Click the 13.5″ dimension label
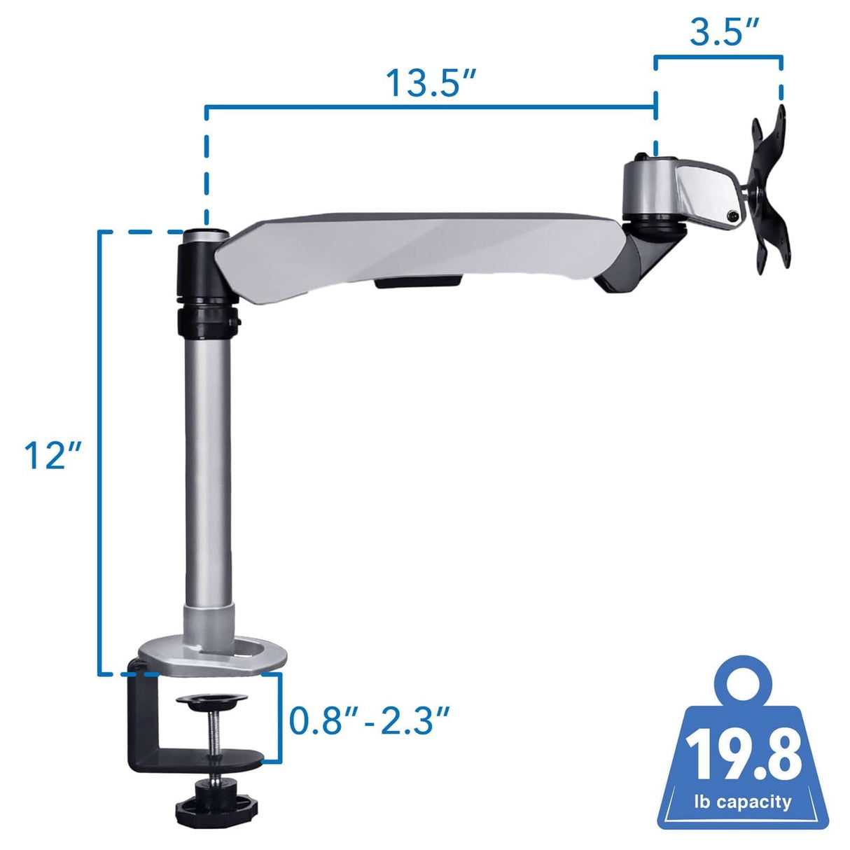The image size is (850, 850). pos(431,83)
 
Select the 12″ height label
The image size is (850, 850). pos(53,455)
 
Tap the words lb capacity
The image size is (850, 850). pos(743,802)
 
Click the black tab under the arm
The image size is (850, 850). pos(417,282)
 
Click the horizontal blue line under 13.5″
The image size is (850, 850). pos(430,107)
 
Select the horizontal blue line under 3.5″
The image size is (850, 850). pos(718,57)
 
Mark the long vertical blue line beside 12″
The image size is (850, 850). pos(99,455)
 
